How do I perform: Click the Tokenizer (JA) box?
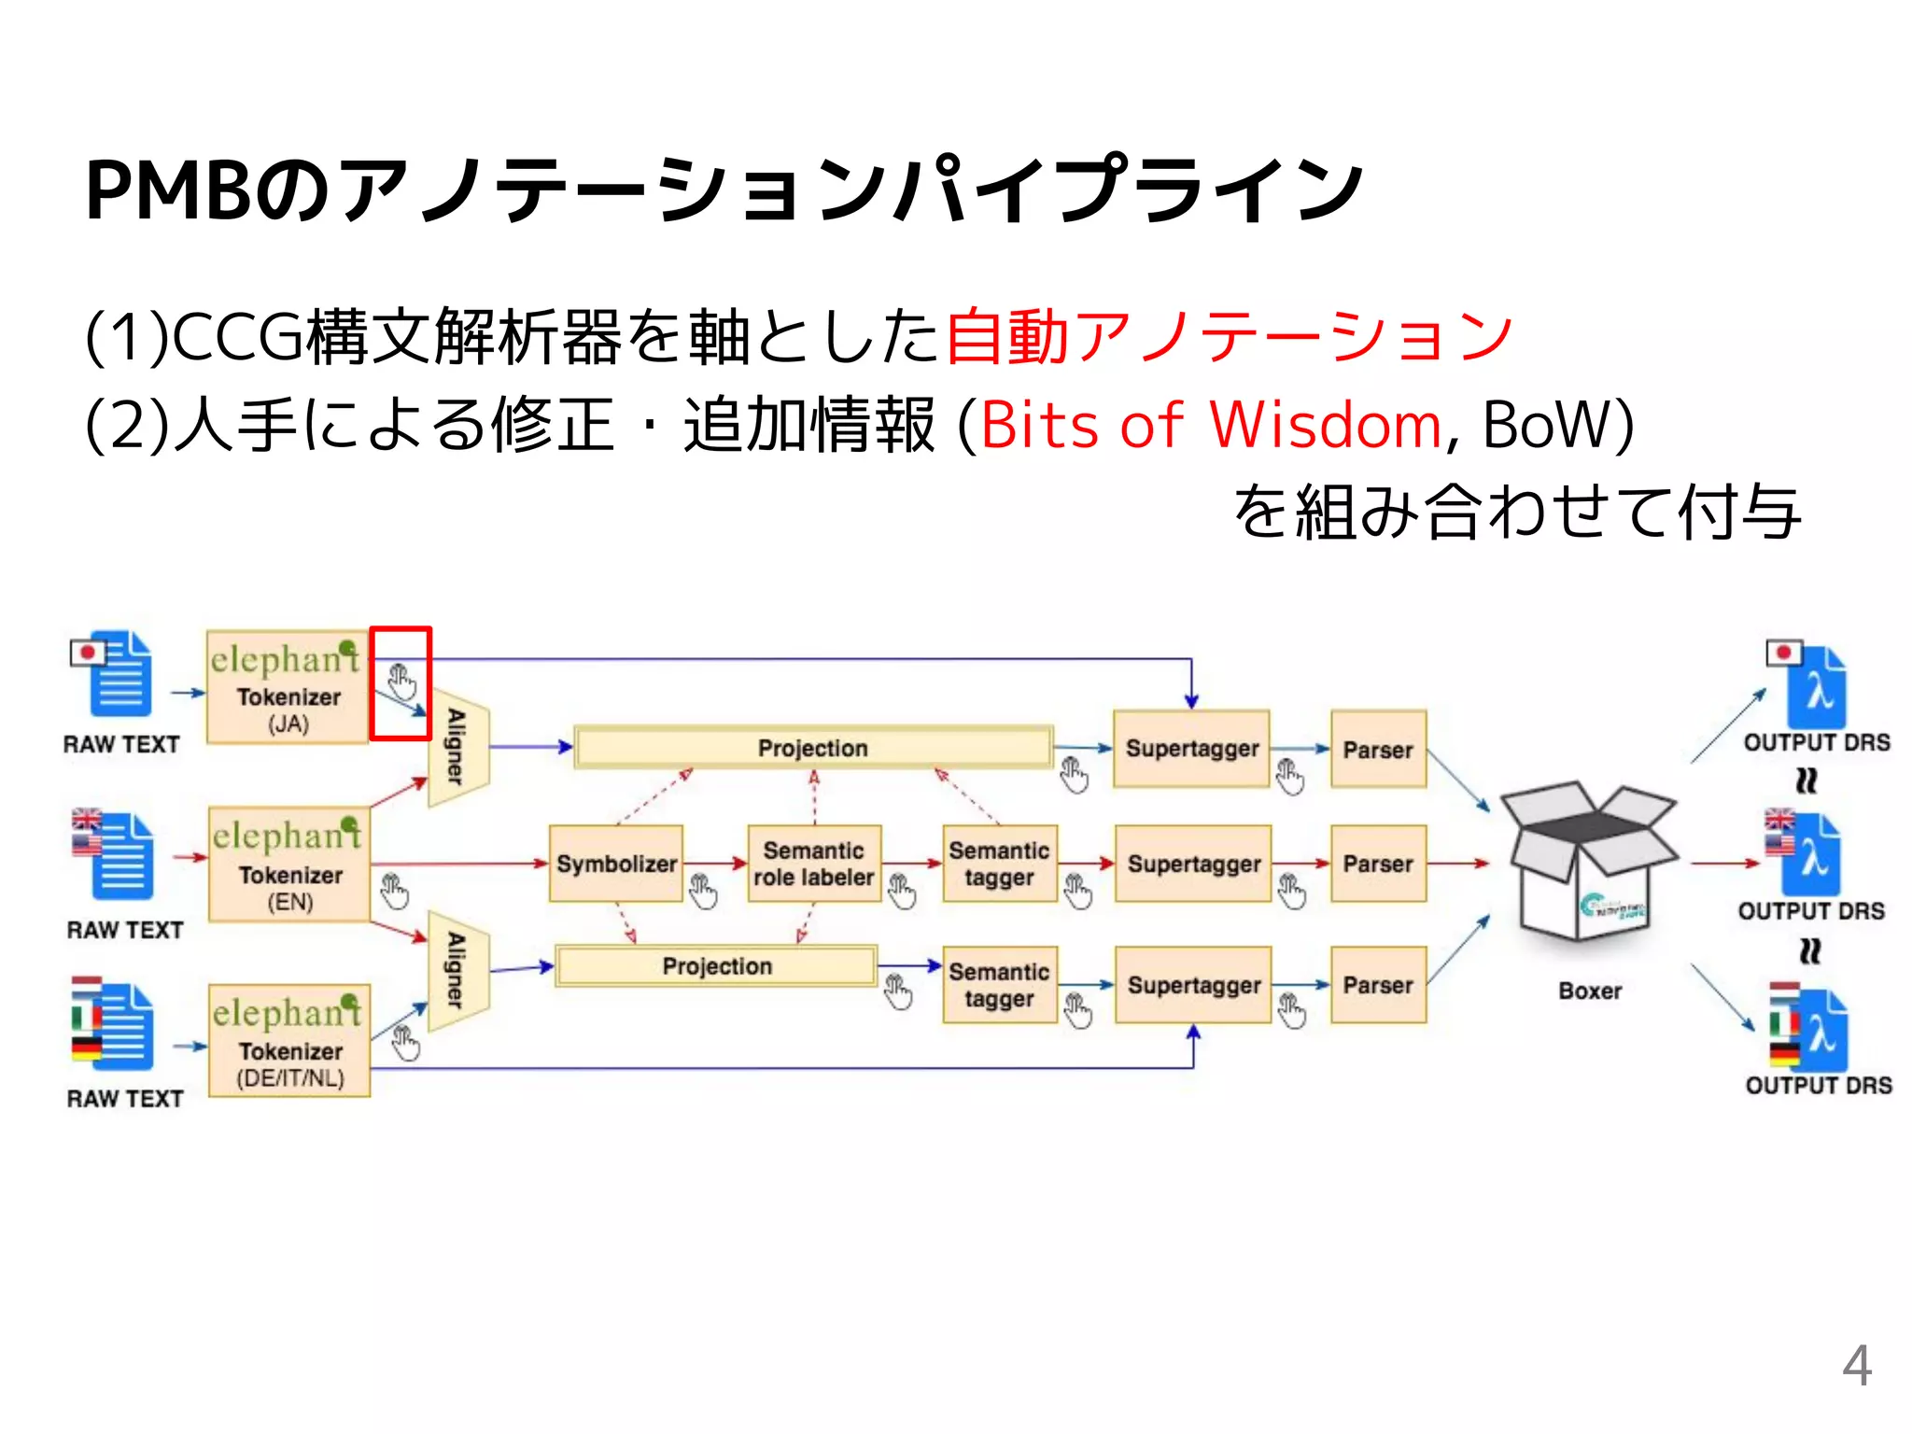287,687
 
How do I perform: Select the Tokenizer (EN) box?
288,865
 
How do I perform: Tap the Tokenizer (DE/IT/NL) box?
288,1040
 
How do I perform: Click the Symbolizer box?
616,864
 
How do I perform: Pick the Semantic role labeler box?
814,864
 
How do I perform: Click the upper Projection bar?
813,748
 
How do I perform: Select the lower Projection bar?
716,966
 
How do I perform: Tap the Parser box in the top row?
1378,750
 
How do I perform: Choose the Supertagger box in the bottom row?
1193,985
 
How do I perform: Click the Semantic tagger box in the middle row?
999,864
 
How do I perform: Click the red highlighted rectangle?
401,683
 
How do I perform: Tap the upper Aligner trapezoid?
457,748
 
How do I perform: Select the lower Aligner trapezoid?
457,971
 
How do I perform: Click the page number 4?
1856,1366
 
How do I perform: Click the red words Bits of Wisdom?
1211,425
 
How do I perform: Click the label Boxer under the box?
1589,991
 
